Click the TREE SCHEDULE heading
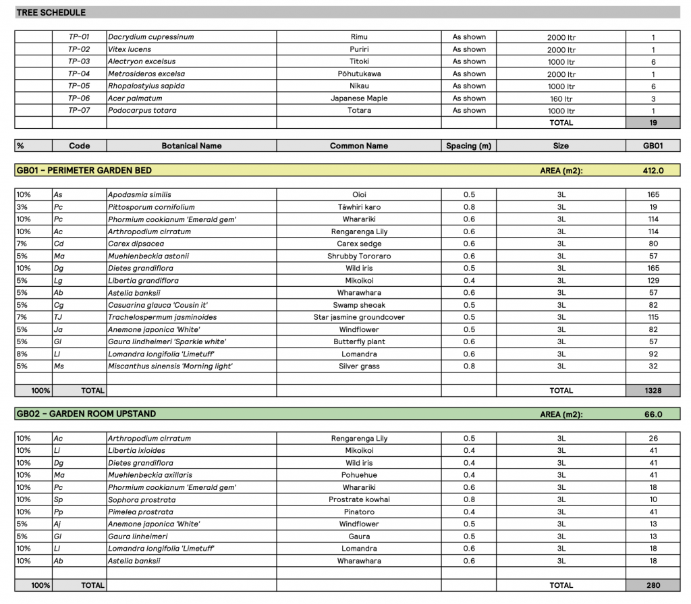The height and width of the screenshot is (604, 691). (x=51, y=12)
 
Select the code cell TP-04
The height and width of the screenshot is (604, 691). (x=79, y=74)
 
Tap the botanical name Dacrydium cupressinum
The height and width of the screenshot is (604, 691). (x=151, y=37)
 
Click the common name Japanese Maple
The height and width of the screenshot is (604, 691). (x=359, y=99)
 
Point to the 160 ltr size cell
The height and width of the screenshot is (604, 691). (x=561, y=99)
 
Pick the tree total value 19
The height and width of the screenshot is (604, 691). (x=653, y=123)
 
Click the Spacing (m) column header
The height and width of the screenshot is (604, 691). (x=468, y=146)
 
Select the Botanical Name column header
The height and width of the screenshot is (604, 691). (x=192, y=146)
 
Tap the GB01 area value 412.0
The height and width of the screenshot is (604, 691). (x=653, y=171)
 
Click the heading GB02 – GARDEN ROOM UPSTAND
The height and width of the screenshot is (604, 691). (x=86, y=414)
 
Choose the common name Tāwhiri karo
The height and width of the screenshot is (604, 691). (x=359, y=207)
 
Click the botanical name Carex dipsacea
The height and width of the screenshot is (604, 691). (x=136, y=244)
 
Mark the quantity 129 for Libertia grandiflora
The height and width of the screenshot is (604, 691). (x=653, y=281)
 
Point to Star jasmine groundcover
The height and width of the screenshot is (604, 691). (x=359, y=317)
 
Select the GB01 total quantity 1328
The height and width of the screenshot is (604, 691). (x=653, y=391)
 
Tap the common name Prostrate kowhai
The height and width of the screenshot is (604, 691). (x=359, y=499)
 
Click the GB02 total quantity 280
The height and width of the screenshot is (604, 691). (x=653, y=585)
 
